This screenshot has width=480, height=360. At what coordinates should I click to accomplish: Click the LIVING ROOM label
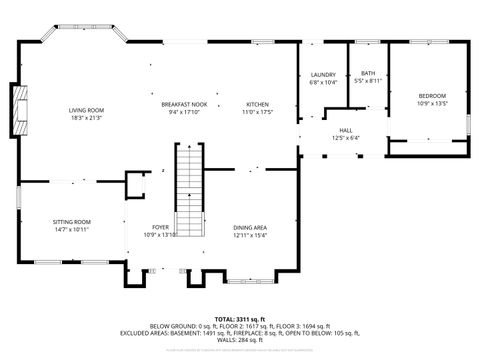pos(86,110)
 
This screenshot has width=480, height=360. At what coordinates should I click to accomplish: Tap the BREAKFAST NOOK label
pos(184,104)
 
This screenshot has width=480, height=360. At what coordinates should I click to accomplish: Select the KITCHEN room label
pos(258,104)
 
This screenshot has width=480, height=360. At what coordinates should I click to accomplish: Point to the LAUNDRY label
pos(322,75)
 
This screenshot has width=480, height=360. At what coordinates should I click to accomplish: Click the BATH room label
pos(368,73)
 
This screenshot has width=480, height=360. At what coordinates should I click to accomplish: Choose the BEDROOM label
pos(432,95)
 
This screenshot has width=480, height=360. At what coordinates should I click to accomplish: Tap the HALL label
pos(346,130)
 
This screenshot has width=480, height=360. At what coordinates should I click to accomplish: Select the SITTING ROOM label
pos(72,222)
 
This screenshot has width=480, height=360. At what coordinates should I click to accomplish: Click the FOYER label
pos(160,227)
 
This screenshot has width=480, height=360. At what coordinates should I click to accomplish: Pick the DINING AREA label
pos(250,227)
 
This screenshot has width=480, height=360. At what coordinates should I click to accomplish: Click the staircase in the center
pos(189,190)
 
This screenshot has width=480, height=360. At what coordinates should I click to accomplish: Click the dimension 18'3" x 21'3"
pos(86,118)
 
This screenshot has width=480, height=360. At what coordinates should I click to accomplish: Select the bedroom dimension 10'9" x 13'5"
pos(432,103)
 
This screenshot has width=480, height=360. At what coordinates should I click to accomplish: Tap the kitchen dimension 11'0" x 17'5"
pos(258,112)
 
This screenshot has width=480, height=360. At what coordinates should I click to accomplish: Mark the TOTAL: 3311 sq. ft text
pos(240,318)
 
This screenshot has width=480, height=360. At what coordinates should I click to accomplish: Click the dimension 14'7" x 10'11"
pos(72,230)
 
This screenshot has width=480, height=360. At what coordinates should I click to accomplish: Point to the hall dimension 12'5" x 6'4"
pos(346,138)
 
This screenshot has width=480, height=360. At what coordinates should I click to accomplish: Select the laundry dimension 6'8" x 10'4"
pos(322,82)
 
